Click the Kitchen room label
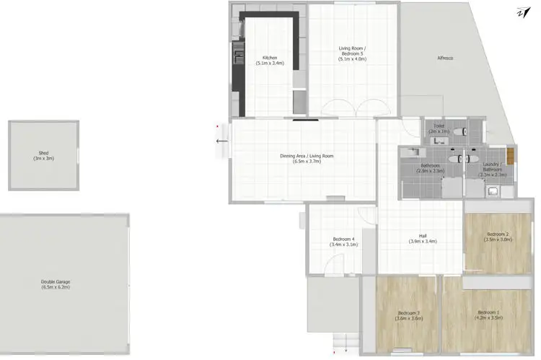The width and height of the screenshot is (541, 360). click(270, 60)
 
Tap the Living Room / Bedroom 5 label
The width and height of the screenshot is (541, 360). click(353, 53)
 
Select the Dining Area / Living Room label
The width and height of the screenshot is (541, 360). click(307, 159)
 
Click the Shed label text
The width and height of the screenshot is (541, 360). click(43, 155)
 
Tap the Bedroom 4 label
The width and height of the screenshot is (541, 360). click(343, 242)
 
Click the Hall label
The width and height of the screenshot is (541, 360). click(423, 238)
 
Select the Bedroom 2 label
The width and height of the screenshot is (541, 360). click(498, 237)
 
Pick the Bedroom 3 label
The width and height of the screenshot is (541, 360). click(408, 315)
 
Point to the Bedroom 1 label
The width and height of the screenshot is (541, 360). click(489, 315)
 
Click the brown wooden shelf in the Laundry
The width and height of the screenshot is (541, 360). click(509, 154)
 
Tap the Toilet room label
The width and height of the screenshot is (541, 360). click(439, 128)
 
